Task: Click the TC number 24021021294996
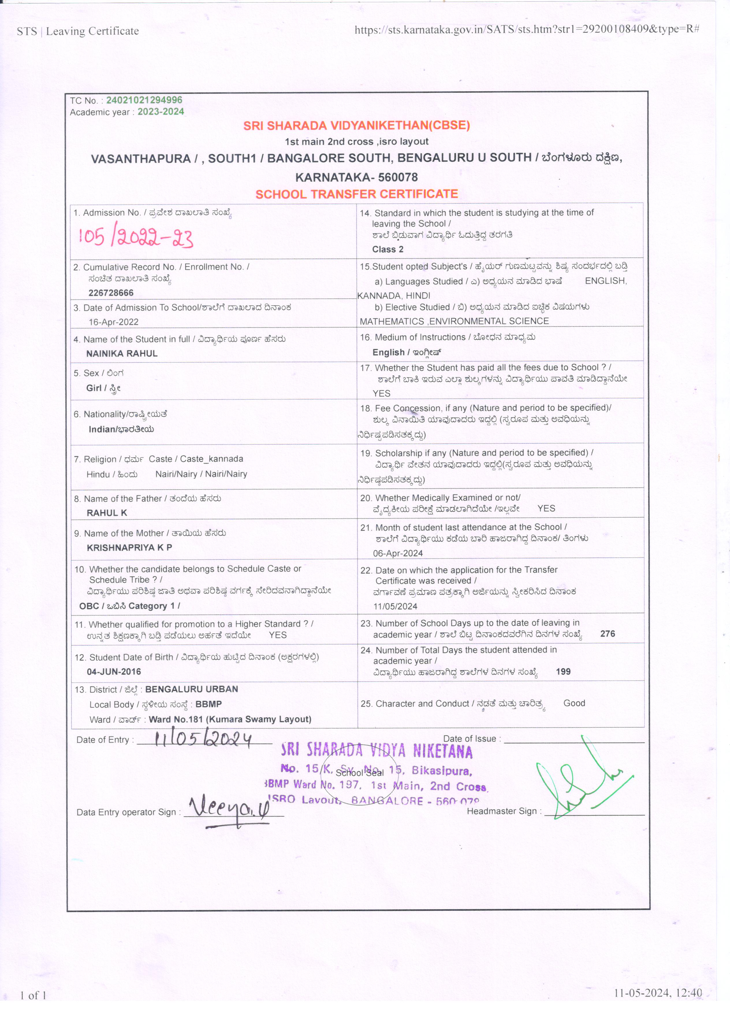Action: coord(144,100)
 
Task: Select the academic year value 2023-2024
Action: coord(161,112)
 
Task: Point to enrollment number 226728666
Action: coord(111,293)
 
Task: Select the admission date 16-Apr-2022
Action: coord(113,322)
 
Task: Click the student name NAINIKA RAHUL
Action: coord(122,354)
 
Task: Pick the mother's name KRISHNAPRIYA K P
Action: coord(129,548)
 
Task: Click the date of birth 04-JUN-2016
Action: coord(114,672)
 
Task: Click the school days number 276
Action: coord(607,634)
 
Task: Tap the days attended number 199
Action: coord(563,672)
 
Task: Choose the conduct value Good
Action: coord(574,703)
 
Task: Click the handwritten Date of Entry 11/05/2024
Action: coord(203,739)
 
